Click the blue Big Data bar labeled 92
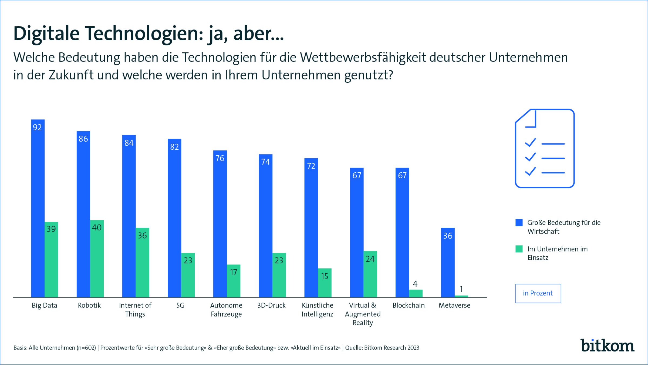(x=38, y=208)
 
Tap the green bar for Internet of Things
(x=142, y=262)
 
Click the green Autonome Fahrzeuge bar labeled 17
(x=234, y=281)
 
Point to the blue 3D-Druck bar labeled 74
(x=265, y=226)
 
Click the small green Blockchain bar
(x=416, y=293)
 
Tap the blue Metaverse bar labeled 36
(x=448, y=262)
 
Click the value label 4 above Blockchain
(x=415, y=284)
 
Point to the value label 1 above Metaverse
(x=461, y=289)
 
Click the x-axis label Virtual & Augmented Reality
(x=363, y=314)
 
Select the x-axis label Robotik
(x=89, y=305)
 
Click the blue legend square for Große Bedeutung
(x=519, y=222)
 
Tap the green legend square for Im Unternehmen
(x=519, y=249)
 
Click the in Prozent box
(x=538, y=293)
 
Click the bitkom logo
(x=607, y=346)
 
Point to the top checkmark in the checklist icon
(x=530, y=142)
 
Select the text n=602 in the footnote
(x=86, y=348)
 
